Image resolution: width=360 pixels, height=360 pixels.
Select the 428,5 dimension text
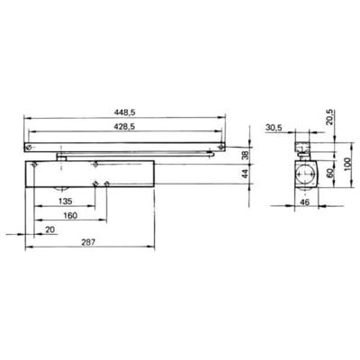125,128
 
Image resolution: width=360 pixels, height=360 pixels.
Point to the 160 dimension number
70,217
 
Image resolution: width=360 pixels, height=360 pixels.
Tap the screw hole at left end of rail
31,146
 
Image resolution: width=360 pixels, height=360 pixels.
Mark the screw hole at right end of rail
220,146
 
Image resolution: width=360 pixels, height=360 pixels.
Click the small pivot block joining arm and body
61,156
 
